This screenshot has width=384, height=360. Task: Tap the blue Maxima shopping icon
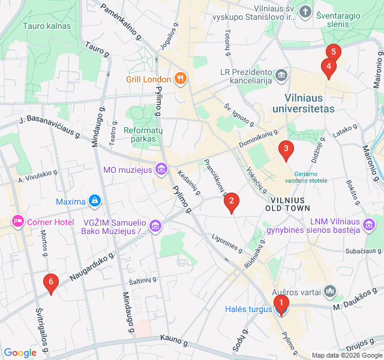pyautogui.click(x=94, y=200)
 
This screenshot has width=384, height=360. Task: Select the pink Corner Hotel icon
pyautogui.click(x=17, y=222)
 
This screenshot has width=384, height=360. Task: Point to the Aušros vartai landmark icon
pyautogui.click(x=329, y=292)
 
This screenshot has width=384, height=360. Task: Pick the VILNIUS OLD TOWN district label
pyautogui.click(x=287, y=204)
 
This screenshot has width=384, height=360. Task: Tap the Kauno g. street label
pyautogui.click(x=175, y=341)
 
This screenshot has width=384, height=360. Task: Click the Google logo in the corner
pyautogui.click(x=20, y=353)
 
